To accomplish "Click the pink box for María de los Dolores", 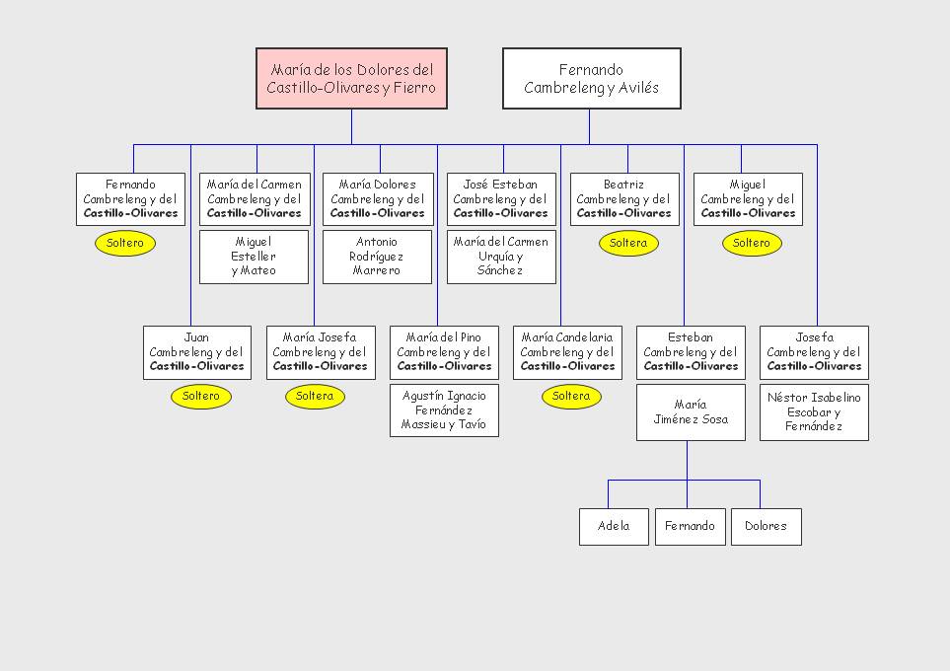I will (x=351, y=79).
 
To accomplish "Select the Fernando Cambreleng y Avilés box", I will (x=591, y=79).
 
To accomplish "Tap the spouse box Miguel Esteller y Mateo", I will (x=254, y=257).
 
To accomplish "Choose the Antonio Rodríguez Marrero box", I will (x=377, y=257).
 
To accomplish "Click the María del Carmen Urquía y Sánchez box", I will (x=501, y=257).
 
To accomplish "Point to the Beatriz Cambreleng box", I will (x=624, y=198).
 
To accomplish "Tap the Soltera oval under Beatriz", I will (x=628, y=243).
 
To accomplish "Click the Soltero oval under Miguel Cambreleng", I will (x=752, y=243).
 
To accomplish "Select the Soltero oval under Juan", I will (x=201, y=397).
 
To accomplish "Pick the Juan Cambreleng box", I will (x=197, y=352).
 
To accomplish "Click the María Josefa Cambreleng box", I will (x=321, y=352).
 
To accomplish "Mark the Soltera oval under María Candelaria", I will (x=571, y=397).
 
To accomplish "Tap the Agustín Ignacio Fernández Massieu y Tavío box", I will (x=444, y=410).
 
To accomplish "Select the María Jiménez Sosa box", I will (x=691, y=412).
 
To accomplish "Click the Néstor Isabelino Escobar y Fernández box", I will (x=814, y=412).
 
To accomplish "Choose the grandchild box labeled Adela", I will (x=614, y=527).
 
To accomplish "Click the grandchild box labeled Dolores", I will (x=766, y=527).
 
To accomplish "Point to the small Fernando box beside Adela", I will (x=690, y=527).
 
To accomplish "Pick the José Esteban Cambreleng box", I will (x=501, y=198).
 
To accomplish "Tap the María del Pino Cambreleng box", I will (x=444, y=352).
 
